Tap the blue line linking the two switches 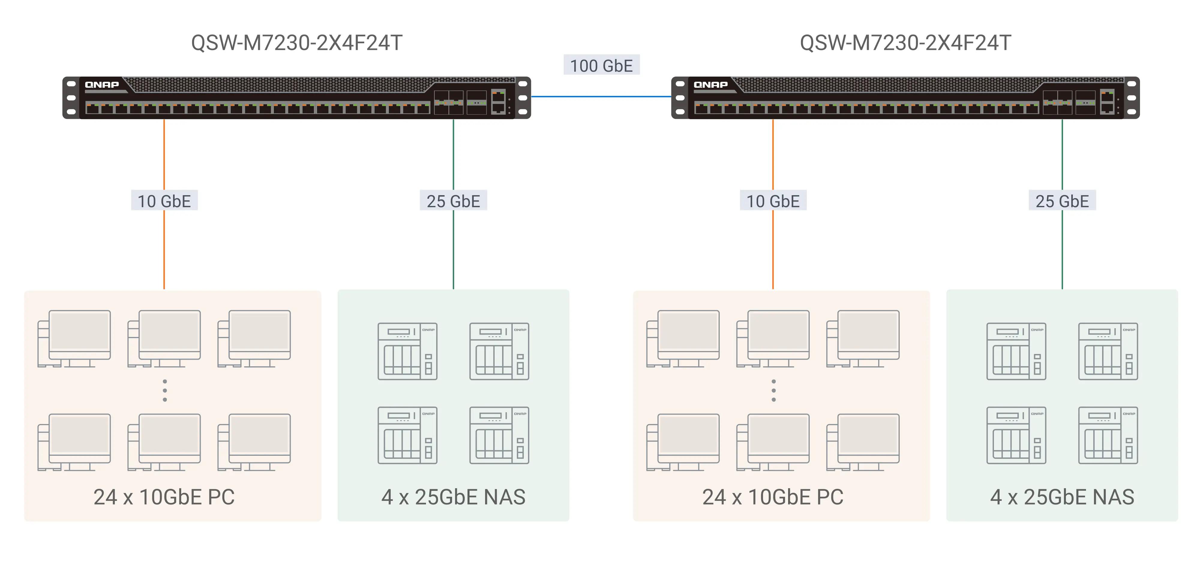click(601, 96)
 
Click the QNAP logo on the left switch click(102, 85)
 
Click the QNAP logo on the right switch click(710, 85)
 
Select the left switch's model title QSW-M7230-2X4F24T click(297, 43)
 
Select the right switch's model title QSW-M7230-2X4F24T click(905, 43)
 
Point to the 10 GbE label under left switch click(164, 201)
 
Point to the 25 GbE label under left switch click(453, 201)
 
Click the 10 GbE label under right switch click(773, 201)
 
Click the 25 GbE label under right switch click(1062, 201)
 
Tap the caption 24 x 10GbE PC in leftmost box click(164, 497)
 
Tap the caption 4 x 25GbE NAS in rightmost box click(1062, 497)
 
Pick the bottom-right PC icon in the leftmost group click(254, 442)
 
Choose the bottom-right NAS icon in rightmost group click(1108, 435)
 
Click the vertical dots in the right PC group click(773, 391)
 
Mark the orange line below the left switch click(164, 154)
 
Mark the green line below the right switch click(1062, 154)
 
